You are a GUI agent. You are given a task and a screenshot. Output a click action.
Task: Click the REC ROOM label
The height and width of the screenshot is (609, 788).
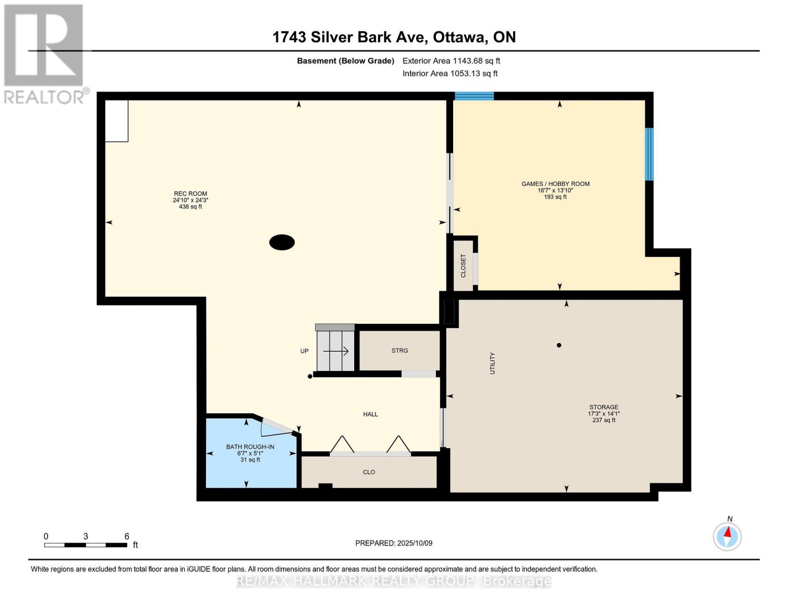[x=190, y=194]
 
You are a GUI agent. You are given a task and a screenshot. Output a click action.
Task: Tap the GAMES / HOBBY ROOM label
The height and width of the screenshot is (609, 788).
[x=556, y=184]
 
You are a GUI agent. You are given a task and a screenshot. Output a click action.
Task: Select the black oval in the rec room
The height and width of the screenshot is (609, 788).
[x=282, y=242]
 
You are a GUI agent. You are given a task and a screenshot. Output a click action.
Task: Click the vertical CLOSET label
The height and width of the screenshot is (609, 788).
[x=463, y=266]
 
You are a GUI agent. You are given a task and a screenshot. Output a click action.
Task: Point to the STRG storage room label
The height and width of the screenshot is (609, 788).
[x=400, y=350]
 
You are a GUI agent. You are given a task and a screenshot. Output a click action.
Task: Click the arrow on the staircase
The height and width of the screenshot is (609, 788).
[x=336, y=351]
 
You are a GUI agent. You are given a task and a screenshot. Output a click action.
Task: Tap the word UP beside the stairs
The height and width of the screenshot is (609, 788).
[x=304, y=351]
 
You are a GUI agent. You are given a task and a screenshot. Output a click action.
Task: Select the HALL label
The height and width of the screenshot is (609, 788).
[x=370, y=414]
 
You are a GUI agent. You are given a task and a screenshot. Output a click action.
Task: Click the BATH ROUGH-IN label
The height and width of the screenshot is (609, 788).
[x=250, y=447]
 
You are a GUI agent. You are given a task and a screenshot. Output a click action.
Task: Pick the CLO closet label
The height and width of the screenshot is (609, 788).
[x=369, y=472]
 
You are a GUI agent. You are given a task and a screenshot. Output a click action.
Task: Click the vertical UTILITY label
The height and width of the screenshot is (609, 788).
[x=492, y=363]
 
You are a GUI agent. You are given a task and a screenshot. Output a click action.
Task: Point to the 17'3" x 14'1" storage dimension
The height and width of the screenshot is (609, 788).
[x=604, y=414]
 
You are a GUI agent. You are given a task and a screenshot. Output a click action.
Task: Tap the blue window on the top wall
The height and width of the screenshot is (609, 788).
[x=474, y=96]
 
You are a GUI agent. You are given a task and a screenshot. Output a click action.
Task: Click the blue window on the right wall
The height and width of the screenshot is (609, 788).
[x=649, y=154]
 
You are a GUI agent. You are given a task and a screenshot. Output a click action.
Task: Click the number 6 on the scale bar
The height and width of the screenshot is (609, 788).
[x=126, y=536]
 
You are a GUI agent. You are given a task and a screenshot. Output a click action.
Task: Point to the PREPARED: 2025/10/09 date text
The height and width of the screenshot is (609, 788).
[x=394, y=543]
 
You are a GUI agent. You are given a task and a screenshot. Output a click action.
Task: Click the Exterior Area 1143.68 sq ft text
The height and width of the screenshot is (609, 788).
[x=451, y=61]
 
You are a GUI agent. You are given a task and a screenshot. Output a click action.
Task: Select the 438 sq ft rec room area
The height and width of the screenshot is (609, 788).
[x=190, y=207]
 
